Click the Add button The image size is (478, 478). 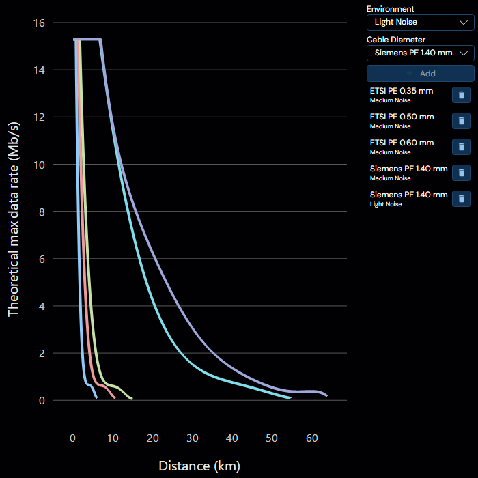click(x=421, y=74)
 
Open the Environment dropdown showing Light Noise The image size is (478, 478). click(x=421, y=23)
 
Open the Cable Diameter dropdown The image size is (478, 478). click(x=421, y=53)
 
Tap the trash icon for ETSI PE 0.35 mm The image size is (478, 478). click(x=462, y=95)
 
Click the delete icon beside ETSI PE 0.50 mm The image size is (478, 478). click(x=462, y=121)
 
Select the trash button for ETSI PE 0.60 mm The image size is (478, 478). click(x=462, y=147)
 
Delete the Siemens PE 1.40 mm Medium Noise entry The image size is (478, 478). click(x=462, y=173)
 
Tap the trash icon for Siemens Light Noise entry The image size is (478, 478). click(x=462, y=199)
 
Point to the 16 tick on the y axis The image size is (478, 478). click(x=39, y=23)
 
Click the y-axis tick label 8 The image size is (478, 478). click(x=42, y=212)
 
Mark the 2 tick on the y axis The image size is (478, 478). click(x=42, y=353)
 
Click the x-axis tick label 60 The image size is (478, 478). click(x=312, y=438)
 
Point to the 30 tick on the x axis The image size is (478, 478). click(x=193, y=438)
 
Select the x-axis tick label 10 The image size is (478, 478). click(x=113, y=438)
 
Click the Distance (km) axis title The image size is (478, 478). click(x=199, y=466)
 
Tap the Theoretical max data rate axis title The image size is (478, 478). click(x=14, y=219)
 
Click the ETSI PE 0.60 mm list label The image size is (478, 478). click(x=402, y=143)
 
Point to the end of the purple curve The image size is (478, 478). click(x=327, y=396)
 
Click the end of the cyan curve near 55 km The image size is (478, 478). click(x=290, y=398)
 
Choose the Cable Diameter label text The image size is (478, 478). click(x=395, y=40)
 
